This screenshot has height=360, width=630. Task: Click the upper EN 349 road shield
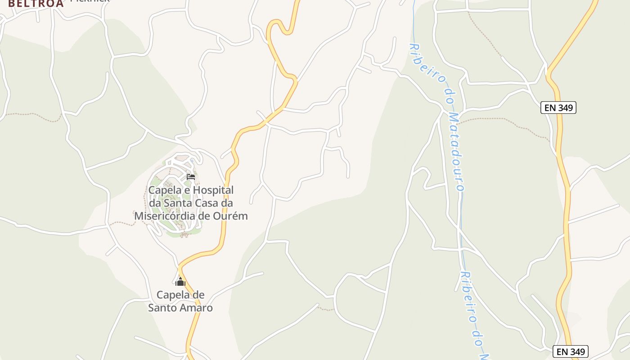(x=558, y=108)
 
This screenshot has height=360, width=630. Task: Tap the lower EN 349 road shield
(x=570, y=352)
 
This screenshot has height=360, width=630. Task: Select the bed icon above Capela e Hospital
(x=191, y=177)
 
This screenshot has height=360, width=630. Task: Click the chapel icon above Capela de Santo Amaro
(x=180, y=282)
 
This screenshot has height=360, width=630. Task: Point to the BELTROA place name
(x=36, y=4)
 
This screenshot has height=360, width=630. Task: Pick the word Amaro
(x=196, y=308)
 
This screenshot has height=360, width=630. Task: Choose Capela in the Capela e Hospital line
(x=164, y=190)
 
